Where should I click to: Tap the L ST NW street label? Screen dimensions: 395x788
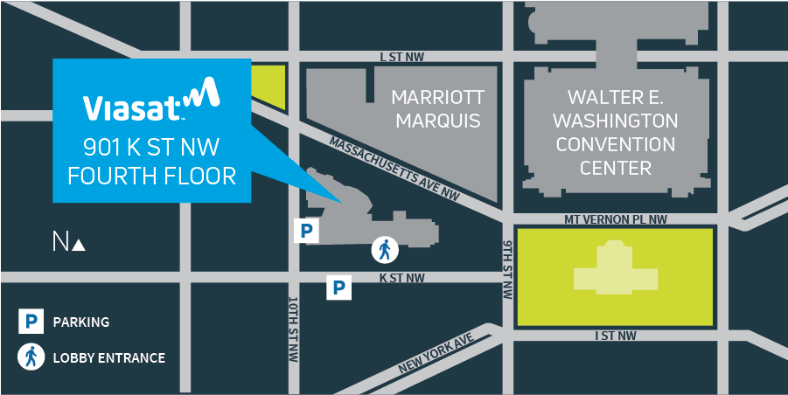point(402,57)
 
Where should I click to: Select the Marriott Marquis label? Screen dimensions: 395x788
point(437,108)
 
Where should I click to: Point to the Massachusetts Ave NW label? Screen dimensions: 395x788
point(394,166)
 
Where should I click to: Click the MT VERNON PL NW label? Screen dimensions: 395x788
point(616,220)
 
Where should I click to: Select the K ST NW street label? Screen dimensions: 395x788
point(402,278)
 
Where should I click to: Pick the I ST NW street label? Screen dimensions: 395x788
point(615,336)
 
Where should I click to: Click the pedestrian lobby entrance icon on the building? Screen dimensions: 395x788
point(384,251)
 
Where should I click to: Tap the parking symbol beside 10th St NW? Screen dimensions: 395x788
point(306,231)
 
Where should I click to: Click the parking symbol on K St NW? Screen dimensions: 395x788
point(339,287)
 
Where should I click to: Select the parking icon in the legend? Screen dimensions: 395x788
point(31,322)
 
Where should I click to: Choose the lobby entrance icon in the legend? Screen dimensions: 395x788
point(31,357)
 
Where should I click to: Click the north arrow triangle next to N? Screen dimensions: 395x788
point(79,246)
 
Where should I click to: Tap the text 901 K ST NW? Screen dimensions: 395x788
point(150,146)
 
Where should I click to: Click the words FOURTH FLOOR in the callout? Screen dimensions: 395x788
point(152,176)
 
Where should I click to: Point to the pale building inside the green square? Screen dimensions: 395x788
point(616,272)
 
